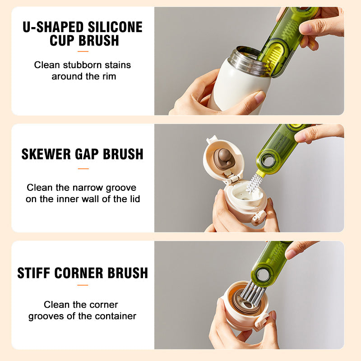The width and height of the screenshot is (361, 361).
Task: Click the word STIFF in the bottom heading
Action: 34,273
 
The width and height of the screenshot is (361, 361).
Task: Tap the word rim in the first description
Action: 109,76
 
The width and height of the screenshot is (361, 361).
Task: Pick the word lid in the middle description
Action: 134,199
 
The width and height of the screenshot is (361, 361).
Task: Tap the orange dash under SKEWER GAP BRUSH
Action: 83,169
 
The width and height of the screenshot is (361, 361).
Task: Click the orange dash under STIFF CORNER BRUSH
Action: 83,285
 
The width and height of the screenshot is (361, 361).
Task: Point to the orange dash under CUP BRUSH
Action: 83,51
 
